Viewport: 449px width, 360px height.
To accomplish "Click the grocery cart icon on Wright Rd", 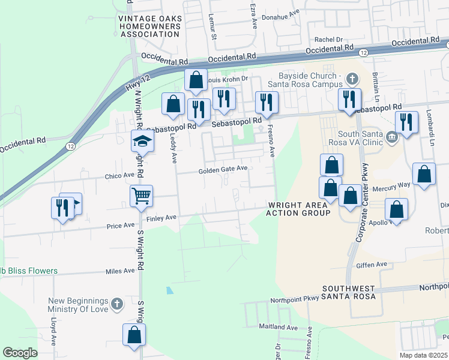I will click(141, 195).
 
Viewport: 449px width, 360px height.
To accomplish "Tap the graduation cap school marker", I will click(143, 141).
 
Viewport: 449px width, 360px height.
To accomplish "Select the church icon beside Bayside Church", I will click(352, 78).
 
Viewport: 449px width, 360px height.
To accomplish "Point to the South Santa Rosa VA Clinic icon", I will click(392, 137).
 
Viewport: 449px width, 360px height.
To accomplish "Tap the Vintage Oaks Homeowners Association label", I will click(149, 26).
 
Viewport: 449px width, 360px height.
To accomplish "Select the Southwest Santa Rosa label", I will click(348, 292).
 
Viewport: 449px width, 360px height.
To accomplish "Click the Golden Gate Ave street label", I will click(223, 170).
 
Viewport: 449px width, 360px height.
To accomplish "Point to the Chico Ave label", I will click(119, 176).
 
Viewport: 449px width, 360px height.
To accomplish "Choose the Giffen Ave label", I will click(372, 264).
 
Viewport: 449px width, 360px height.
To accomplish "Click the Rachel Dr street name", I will click(328, 40).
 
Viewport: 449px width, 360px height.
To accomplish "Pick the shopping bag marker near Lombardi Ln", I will click(424, 175).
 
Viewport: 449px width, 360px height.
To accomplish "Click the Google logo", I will click(20, 353).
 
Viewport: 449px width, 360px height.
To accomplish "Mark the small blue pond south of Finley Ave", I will click(170, 290).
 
